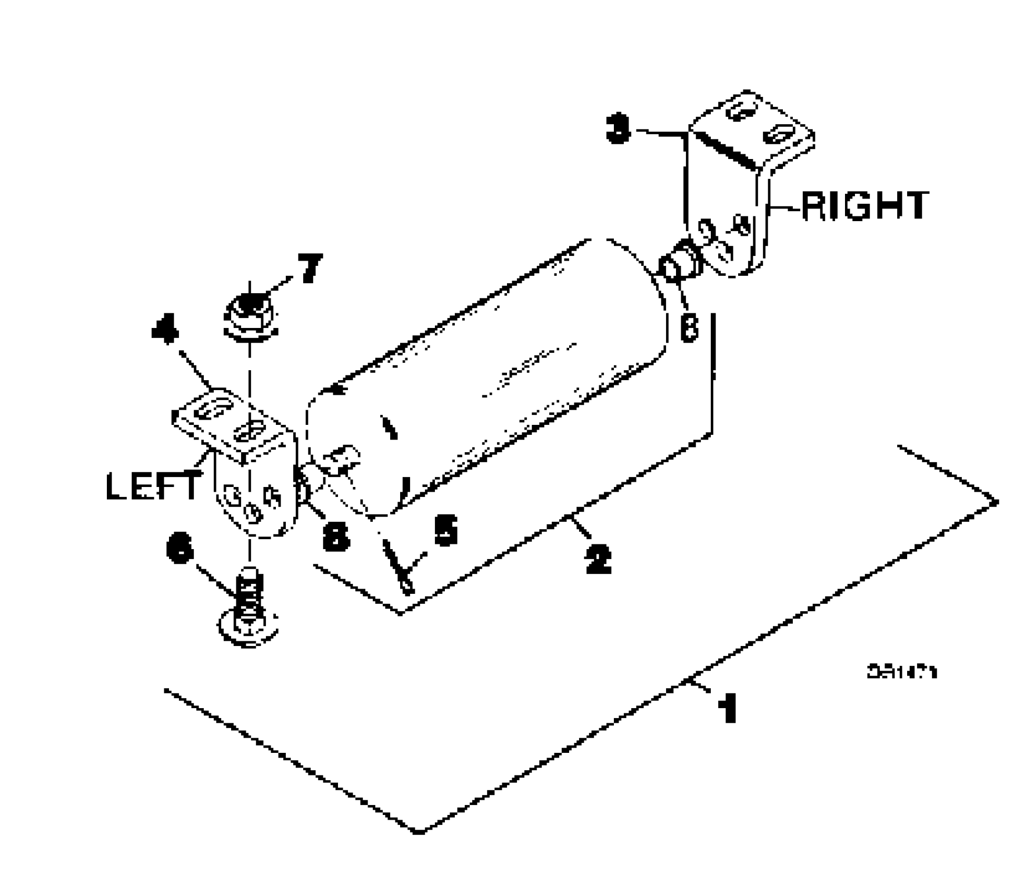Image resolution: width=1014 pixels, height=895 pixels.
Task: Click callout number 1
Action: click(728, 708)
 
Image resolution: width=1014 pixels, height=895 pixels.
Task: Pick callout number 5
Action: click(445, 530)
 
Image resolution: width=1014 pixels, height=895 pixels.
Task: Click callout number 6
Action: click(180, 548)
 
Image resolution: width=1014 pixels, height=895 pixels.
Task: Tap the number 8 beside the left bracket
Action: click(336, 537)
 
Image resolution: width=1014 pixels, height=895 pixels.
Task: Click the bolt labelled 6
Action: click(248, 611)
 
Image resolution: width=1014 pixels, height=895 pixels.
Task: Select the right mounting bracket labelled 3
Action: click(748, 174)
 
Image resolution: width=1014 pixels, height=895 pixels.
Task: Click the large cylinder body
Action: click(490, 369)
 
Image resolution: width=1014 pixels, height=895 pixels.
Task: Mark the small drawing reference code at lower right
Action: click(902, 672)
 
